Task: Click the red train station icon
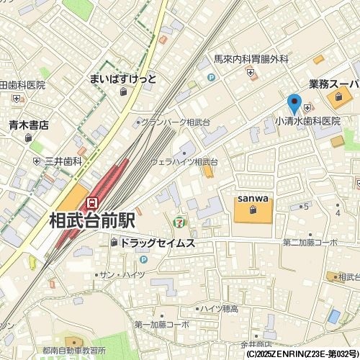pos(91,203)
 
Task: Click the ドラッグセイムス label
pos(157,243)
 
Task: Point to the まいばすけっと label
pos(123,78)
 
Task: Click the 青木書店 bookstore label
pos(28,125)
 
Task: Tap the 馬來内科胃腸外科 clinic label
pos(251,59)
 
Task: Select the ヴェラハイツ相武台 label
pos(184,162)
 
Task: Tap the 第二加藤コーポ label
pos(310,243)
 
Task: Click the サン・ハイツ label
pos(122,276)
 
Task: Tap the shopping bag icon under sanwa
pos(253,210)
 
